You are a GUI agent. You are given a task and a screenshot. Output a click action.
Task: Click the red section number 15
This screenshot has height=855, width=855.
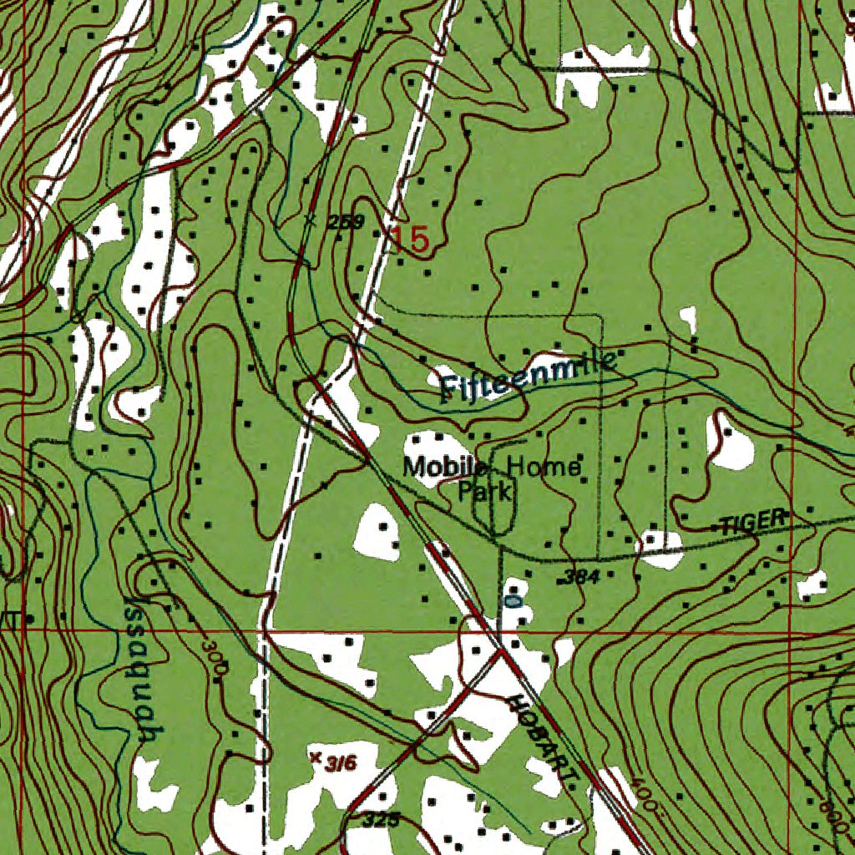(x=411, y=240)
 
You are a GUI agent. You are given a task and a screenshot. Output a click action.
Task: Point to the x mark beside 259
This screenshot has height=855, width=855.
(x=311, y=221)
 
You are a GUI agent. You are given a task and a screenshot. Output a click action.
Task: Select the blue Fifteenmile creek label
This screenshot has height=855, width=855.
(x=528, y=377)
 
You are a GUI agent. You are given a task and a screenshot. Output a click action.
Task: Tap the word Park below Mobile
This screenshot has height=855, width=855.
(x=484, y=491)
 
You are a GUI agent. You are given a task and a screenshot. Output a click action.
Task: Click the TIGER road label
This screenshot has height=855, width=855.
(x=754, y=522)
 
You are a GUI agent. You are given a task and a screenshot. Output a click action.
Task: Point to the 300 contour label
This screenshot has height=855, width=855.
(x=214, y=658)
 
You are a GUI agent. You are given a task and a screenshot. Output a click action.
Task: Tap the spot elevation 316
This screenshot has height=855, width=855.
(x=341, y=763)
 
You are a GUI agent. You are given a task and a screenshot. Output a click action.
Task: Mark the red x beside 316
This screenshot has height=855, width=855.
(x=315, y=757)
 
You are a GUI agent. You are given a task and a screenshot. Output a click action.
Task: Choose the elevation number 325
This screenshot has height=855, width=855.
(x=382, y=820)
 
